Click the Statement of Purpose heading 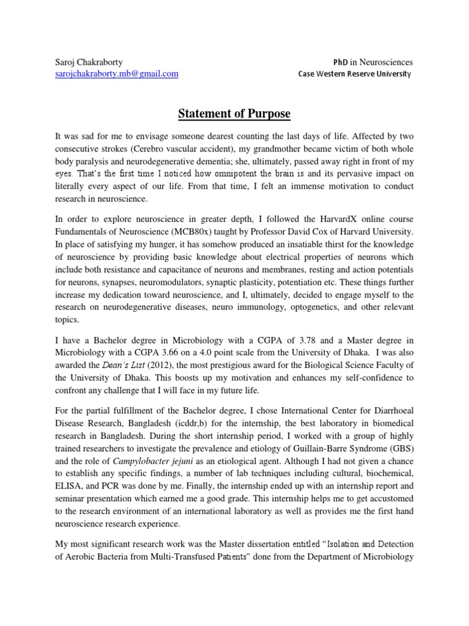[x=234, y=114]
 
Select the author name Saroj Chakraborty [x=89, y=62]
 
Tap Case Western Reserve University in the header [x=355, y=74]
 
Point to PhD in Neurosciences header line [x=373, y=62]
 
